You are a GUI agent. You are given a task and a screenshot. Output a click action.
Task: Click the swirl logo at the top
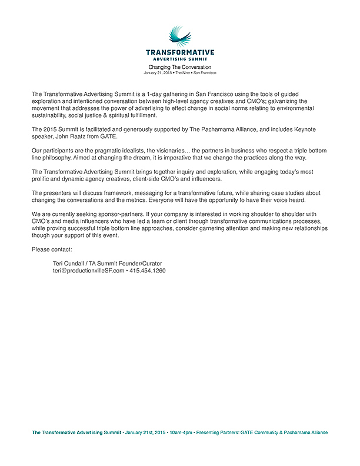[x=179, y=36]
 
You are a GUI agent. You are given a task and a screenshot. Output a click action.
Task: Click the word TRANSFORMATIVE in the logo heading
[x=180, y=52]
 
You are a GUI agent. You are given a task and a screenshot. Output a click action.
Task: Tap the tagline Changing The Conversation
[x=179, y=67]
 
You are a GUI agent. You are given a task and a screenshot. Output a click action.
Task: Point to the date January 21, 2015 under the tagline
[x=158, y=73]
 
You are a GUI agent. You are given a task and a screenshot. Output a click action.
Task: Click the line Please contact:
[x=52, y=249]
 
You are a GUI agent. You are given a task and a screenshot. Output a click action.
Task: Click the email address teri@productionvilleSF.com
[x=88, y=271]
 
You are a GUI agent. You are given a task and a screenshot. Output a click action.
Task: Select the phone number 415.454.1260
[x=148, y=271]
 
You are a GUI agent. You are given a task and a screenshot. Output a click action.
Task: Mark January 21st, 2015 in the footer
[x=145, y=432]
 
